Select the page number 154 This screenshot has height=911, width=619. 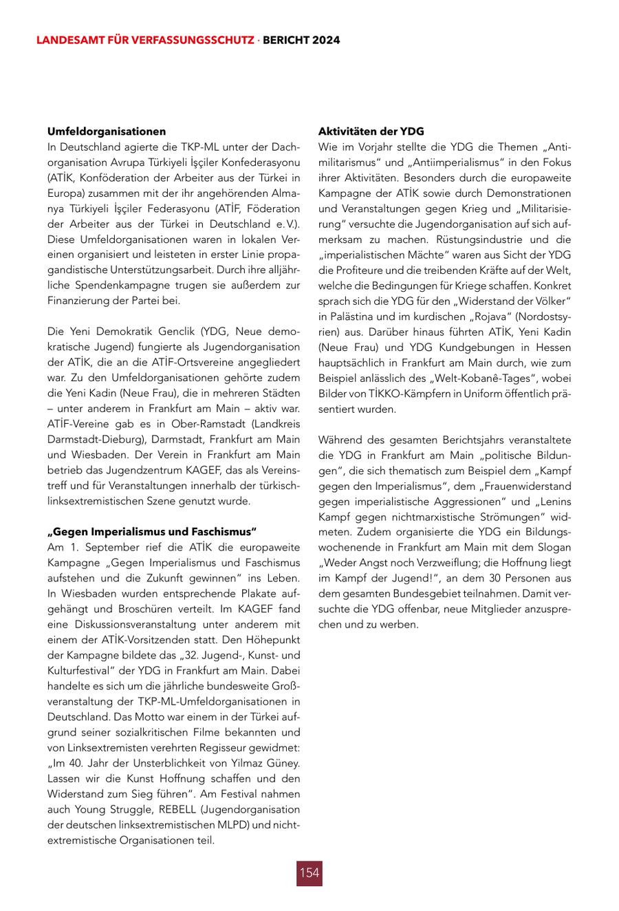pos(309,872)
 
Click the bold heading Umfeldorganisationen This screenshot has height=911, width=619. pos(107,131)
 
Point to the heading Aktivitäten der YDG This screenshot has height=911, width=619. pos(371,131)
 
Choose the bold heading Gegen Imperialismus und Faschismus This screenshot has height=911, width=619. pos(151,532)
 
